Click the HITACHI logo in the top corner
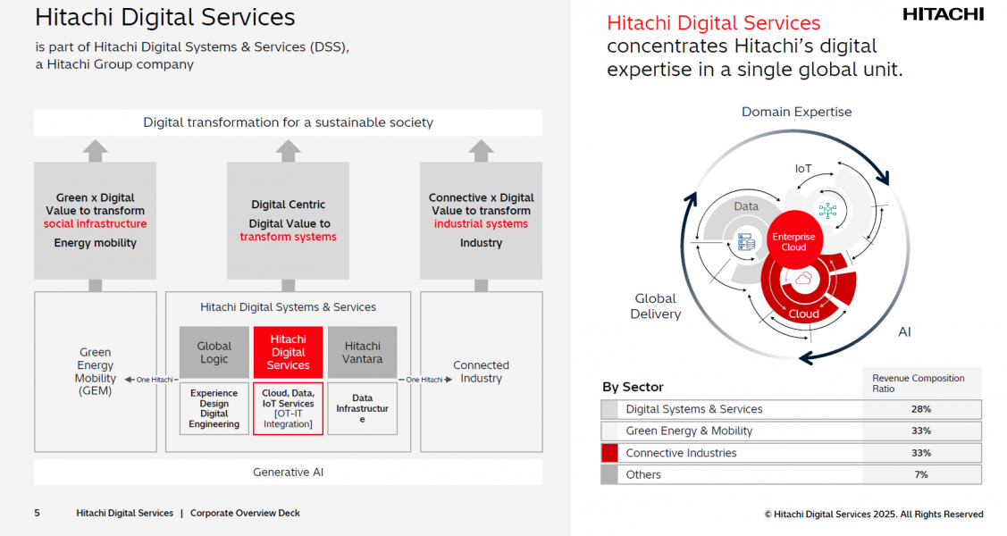point(943,14)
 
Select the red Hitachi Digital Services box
point(288,352)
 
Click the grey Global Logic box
point(214,352)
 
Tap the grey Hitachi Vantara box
point(362,352)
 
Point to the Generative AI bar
point(288,472)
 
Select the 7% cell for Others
point(921,474)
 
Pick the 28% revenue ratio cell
point(921,409)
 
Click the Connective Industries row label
point(681,453)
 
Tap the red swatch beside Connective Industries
point(609,453)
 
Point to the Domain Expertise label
point(796,112)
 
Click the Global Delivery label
point(655,306)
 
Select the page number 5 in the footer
point(37,514)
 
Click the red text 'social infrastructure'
point(95,224)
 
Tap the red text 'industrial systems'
point(481,224)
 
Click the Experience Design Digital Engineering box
point(214,408)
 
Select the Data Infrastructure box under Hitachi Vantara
point(362,408)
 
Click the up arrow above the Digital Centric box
point(288,149)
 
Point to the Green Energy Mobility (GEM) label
point(95,372)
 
